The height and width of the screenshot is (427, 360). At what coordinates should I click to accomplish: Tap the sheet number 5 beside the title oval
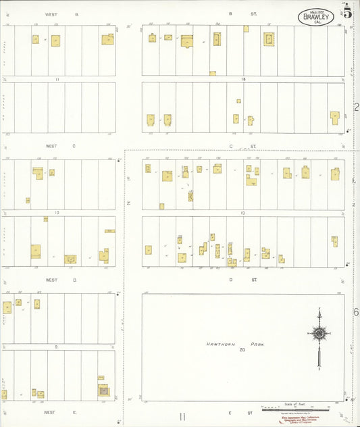[x=346, y=13]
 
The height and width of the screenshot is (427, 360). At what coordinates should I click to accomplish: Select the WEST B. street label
[x=61, y=14]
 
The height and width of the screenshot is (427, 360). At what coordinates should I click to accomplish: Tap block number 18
[x=242, y=79]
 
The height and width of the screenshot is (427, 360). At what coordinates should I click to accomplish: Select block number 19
[x=242, y=213]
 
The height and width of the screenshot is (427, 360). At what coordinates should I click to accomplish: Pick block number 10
[x=57, y=213]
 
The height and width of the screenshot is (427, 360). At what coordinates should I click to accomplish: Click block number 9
[x=57, y=347]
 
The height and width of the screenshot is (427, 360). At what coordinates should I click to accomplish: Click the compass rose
[x=318, y=334]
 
